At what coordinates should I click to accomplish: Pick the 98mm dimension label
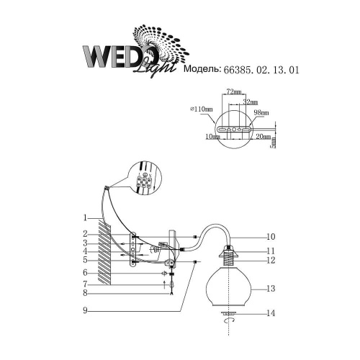tap(261, 113)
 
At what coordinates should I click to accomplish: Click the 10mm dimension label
tap(212, 135)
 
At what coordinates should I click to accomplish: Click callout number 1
tap(84, 217)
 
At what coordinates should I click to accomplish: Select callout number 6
tap(84, 273)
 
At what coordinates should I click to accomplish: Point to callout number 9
tap(84, 310)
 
